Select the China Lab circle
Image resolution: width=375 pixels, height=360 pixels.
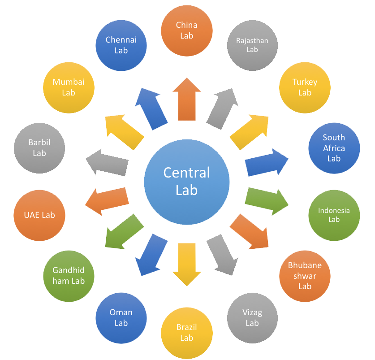(x=186, y=30)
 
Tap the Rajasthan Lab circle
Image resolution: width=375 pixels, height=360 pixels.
(x=252, y=45)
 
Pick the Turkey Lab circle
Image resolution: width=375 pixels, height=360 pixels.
(x=305, y=87)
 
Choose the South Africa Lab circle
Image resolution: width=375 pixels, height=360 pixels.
(x=334, y=147)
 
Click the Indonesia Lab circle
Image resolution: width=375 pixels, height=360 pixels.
(x=334, y=215)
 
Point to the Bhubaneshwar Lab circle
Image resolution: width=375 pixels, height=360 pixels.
(x=305, y=275)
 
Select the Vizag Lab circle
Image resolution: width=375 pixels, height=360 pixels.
(x=252, y=318)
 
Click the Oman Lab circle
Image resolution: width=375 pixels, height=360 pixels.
(x=121, y=318)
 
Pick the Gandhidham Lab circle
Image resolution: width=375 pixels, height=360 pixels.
(x=69, y=275)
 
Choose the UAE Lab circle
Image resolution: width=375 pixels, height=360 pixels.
(x=39, y=215)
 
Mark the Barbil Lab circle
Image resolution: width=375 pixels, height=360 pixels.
(x=39, y=147)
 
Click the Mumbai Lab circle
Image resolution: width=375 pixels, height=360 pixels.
(x=69, y=87)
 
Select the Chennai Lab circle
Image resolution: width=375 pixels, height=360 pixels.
(x=121, y=45)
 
